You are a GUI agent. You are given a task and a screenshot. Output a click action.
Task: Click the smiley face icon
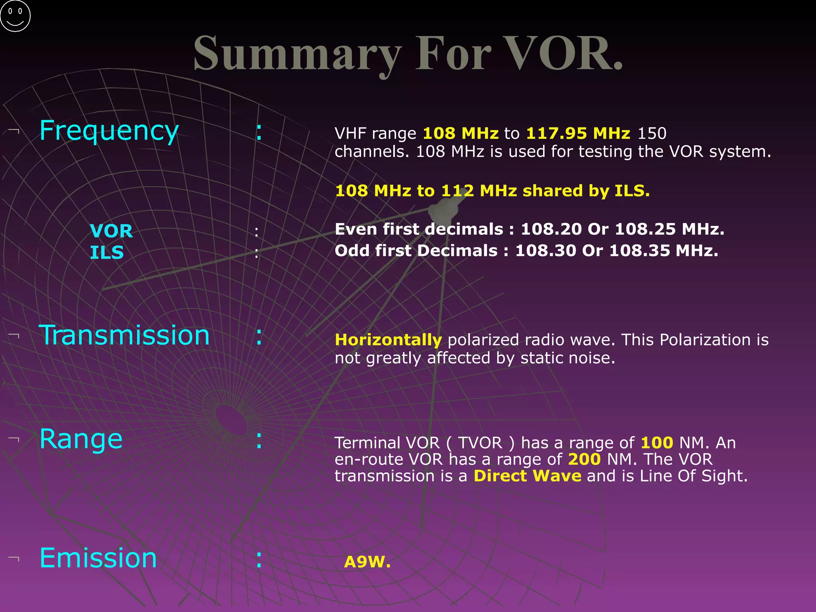point(15,16)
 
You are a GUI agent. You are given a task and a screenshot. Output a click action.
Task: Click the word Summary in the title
point(297,54)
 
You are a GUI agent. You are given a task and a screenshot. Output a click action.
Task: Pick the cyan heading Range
point(81,439)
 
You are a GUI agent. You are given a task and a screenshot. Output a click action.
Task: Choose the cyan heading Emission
point(98,558)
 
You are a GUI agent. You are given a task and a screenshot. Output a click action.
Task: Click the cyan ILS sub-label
point(107,253)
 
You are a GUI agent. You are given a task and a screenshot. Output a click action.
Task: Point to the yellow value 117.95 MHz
point(578,133)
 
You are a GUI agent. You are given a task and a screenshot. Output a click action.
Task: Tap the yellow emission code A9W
point(367,562)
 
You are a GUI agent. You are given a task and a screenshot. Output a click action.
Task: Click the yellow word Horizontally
point(388,340)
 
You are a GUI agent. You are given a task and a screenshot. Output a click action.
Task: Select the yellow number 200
point(584,459)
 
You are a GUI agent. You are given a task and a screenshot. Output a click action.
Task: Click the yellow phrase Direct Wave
point(527,476)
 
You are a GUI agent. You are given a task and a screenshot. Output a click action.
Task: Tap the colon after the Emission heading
point(259,559)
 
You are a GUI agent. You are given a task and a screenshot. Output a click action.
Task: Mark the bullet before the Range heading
point(14,439)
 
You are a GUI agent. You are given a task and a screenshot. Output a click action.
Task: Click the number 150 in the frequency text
point(652,133)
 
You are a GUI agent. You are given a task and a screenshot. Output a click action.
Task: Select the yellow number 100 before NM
point(657,443)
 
